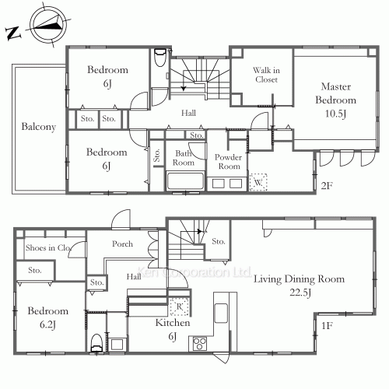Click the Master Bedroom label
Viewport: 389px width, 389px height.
click(x=336, y=100)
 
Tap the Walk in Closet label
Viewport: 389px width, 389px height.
click(x=266, y=75)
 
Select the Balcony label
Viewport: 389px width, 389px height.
click(x=39, y=127)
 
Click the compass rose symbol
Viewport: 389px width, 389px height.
click(x=48, y=24)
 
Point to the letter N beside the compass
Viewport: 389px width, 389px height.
click(x=12, y=33)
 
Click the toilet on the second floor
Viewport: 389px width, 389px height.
click(x=159, y=57)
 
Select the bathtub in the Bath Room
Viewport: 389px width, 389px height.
click(x=185, y=180)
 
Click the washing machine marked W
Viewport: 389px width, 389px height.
click(x=258, y=182)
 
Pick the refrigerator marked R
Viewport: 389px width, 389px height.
click(x=179, y=307)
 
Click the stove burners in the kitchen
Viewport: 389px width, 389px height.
click(x=200, y=344)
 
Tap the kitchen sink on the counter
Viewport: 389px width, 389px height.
click(x=221, y=313)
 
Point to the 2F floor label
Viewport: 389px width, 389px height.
click(x=327, y=186)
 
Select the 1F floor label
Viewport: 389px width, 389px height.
click(x=327, y=325)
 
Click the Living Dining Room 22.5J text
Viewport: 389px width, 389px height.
click(x=299, y=286)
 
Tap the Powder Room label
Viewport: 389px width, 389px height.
click(x=228, y=162)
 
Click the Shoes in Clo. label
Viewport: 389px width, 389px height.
click(x=48, y=247)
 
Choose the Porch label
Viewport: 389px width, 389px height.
click(x=122, y=244)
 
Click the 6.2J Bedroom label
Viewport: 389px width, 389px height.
click(x=48, y=317)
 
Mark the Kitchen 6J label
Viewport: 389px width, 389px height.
click(x=173, y=330)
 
